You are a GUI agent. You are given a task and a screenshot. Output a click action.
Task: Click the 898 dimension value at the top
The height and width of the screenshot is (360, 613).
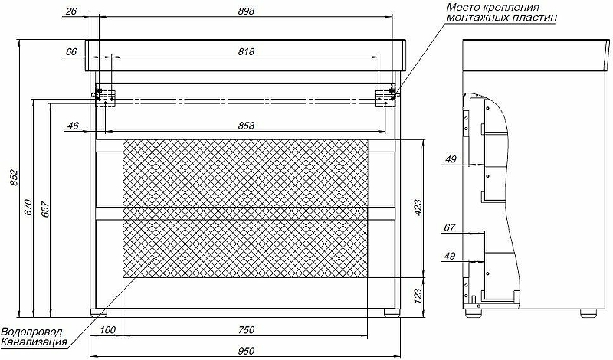coord(246,11)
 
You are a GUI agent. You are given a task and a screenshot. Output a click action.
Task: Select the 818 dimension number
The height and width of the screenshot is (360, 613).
coord(246,51)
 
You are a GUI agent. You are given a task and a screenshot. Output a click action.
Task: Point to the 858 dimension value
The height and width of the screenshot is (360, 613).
coord(246,126)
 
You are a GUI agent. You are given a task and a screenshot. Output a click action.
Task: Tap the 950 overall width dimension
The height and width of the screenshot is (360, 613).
coord(246,351)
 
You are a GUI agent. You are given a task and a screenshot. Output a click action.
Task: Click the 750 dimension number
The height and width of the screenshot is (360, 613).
coord(246,330)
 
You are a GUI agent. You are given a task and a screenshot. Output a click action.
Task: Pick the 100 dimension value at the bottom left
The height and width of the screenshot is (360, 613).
coord(107,330)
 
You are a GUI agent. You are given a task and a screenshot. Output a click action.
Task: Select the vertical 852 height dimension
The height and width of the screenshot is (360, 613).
coord(14,178)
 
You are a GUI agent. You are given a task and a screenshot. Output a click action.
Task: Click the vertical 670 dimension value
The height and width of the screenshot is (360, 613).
coord(28,208)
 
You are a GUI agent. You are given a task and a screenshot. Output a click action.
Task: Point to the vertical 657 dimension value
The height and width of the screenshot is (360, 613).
coord(45,209)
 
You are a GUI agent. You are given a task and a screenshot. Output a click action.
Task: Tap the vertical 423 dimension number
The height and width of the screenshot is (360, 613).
coord(418,208)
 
